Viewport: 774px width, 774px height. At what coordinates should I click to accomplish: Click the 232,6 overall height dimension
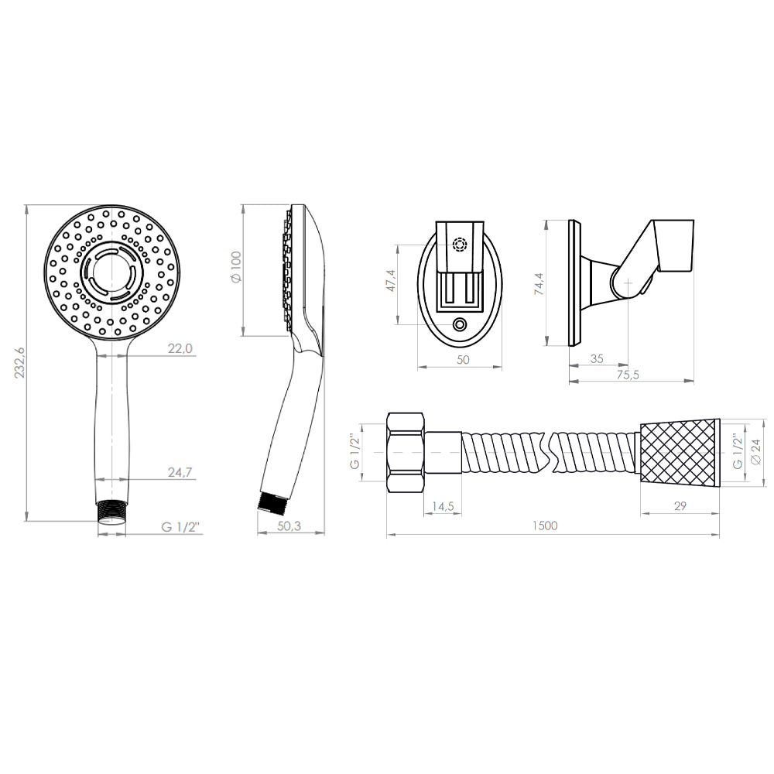click(20, 363)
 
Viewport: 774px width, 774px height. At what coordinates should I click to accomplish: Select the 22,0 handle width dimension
click(180, 348)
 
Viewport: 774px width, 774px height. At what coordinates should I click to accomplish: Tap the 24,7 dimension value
click(180, 472)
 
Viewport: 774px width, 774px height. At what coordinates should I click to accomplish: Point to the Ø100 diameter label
click(236, 267)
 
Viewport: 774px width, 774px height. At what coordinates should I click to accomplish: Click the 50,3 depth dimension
click(289, 526)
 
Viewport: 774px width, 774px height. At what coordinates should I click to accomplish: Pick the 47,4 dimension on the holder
click(391, 280)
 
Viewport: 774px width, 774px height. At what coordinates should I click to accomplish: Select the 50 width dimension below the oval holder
click(463, 360)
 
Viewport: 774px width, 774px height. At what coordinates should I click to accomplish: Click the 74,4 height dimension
click(539, 284)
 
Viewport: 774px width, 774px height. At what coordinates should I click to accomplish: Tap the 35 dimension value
click(597, 359)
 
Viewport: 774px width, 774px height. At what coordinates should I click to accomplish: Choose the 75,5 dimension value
click(628, 375)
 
